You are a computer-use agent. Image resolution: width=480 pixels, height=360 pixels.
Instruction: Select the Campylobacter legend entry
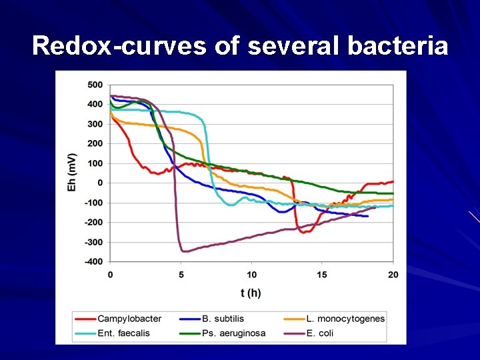(128, 319)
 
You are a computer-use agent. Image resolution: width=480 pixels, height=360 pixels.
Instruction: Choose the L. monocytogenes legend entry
(344, 319)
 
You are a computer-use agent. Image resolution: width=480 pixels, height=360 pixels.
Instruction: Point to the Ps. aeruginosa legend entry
(233, 333)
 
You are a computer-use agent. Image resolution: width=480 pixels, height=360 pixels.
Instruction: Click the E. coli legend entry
(319, 333)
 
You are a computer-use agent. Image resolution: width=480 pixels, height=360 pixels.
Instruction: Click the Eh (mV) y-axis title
(72, 173)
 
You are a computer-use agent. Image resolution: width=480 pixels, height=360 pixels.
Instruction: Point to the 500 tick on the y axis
(95, 85)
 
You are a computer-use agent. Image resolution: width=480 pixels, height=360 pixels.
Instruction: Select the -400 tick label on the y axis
(93, 262)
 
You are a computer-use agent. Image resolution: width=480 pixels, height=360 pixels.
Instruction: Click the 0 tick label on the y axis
(100, 183)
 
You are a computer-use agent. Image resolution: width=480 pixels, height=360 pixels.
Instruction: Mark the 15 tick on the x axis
(322, 274)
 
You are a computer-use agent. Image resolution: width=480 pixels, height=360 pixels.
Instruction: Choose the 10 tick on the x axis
(251, 274)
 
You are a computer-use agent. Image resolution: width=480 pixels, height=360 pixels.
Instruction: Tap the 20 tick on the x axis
(393, 274)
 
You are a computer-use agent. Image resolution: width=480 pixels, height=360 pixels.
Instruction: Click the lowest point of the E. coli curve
(184, 251)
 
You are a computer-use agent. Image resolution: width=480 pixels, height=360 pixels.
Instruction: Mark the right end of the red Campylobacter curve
(393, 181)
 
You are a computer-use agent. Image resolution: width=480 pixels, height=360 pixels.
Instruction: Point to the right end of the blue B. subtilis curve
(367, 216)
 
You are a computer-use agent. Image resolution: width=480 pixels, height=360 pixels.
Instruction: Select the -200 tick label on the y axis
(93, 223)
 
